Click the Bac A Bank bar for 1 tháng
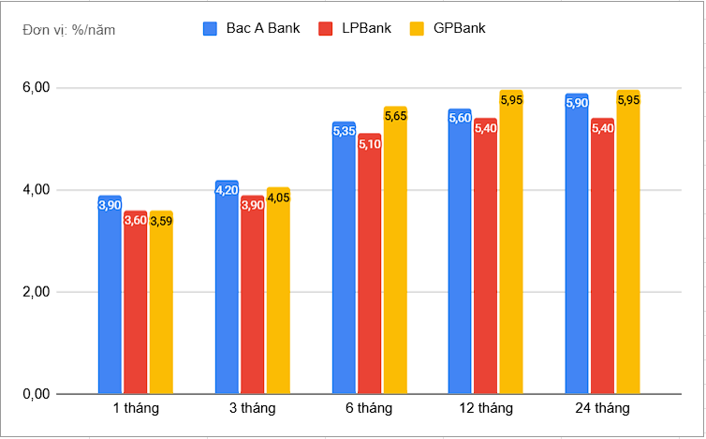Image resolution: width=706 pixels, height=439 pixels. [x=110, y=295]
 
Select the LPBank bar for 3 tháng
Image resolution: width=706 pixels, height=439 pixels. [x=252, y=295]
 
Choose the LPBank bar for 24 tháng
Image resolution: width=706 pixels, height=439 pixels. [x=602, y=256]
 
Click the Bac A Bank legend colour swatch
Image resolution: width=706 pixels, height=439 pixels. [x=211, y=28]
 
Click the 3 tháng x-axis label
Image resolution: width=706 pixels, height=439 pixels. [x=253, y=409]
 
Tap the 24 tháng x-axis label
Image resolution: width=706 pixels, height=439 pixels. [x=603, y=409]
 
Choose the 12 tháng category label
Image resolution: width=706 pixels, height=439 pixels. [x=486, y=409]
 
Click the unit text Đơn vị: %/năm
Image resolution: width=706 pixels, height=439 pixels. [x=68, y=29]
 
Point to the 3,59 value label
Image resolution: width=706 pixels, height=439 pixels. [x=161, y=221]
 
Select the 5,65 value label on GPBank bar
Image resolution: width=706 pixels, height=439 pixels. [x=395, y=117]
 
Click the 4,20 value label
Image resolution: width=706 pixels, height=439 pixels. [x=227, y=190]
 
